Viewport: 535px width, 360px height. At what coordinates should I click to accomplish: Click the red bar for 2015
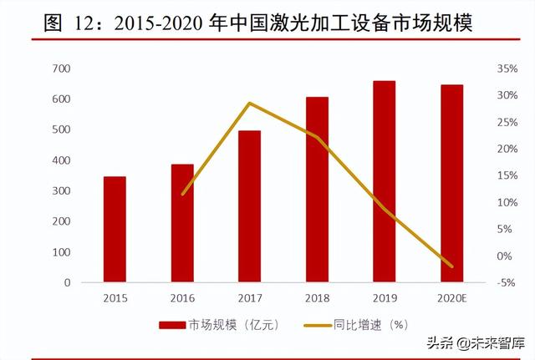pyautogui.click(x=115, y=230)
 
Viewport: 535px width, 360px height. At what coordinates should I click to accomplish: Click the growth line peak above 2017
pyautogui.click(x=249, y=103)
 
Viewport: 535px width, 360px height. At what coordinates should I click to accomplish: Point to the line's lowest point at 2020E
pyautogui.click(x=452, y=267)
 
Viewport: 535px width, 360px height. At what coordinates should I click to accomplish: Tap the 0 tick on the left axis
pyautogui.click(x=67, y=282)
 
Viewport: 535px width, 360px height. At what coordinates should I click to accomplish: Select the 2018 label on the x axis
pyautogui.click(x=317, y=297)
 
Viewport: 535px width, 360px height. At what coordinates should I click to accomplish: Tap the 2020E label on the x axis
pyautogui.click(x=451, y=297)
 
